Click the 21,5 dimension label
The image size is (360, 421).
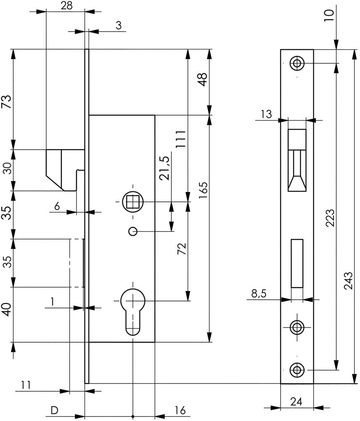[164, 168]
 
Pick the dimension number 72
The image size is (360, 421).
[182, 249]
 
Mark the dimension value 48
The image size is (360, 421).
[203, 80]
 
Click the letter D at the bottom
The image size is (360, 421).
[54, 410]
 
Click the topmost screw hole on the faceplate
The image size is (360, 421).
[297, 64]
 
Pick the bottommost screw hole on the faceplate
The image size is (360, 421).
[297, 370]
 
